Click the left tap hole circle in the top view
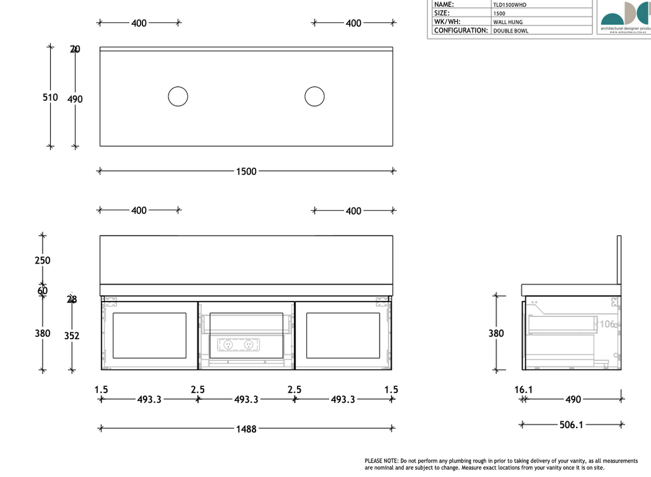click(178, 97)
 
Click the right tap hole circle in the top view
click(314, 97)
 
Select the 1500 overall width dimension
click(246, 171)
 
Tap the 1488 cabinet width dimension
click(246, 429)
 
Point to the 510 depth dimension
click(50, 97)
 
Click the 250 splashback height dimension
click(43, 260)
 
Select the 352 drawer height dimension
click(72, 335)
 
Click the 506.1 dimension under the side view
click(571, 424)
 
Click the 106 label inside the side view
click(607, 324)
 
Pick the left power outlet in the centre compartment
click(228, 344)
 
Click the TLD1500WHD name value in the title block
click(510, 4)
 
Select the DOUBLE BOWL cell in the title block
click(511, 30)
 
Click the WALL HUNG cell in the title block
click(508, 22)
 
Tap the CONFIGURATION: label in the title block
click(461, 30)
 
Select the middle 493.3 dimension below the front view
click(246, 400)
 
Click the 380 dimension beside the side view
click(496, 333)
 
